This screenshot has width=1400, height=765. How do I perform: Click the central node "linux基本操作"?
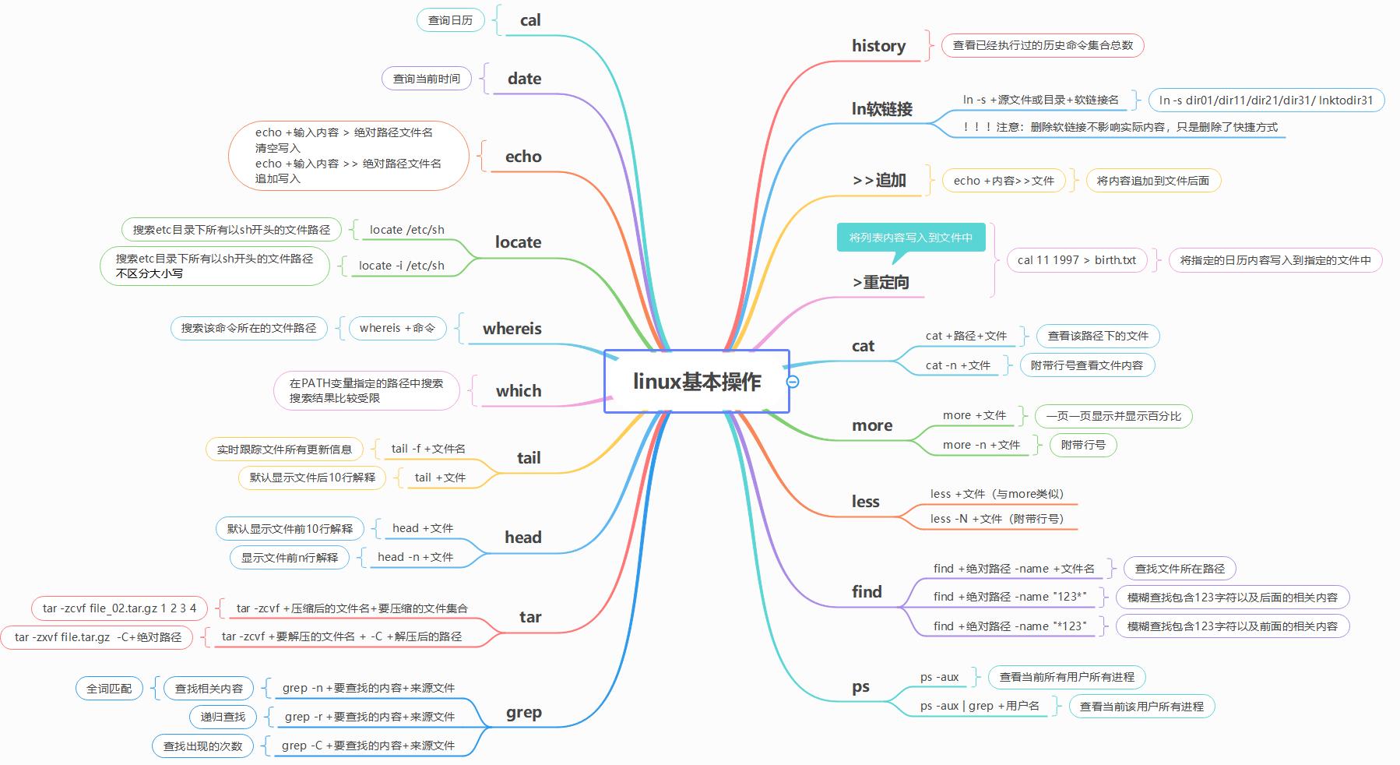tap(696, 382)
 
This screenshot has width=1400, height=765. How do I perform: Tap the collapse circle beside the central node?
tap(793, 382)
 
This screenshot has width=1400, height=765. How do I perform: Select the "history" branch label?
tap(878, 46)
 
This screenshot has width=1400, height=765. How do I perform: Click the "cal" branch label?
tap(530, 20)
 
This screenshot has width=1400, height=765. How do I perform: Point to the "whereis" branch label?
tap(512, 329)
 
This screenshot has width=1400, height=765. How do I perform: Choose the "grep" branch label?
tap(523, 713)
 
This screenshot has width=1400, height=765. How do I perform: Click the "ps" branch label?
tap(860, 687)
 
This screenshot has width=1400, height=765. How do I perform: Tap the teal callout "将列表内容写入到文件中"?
tap(910, 238)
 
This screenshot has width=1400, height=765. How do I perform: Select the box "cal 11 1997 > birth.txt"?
tap(1076, 260)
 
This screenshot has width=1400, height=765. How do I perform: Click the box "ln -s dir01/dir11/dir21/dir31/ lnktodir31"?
tap(1265, 100)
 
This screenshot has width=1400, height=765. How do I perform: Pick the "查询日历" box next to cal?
tap(450, 20)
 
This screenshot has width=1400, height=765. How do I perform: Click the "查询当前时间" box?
tap(426, 79)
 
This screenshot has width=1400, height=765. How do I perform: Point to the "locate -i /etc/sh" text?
tap(401, 266)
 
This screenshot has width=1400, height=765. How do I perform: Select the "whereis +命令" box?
tap(397, 328)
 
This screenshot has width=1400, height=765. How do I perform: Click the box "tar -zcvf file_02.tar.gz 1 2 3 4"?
tap(119, 608)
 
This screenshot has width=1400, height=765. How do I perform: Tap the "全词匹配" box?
tap(109, 688)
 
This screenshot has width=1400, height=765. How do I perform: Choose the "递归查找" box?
tap(223, 717)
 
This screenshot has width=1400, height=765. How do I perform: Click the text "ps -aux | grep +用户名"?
tap(980, 706)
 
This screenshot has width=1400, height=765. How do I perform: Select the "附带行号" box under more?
tap(1083, 445)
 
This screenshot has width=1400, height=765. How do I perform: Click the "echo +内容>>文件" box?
tap(1003, 181)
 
